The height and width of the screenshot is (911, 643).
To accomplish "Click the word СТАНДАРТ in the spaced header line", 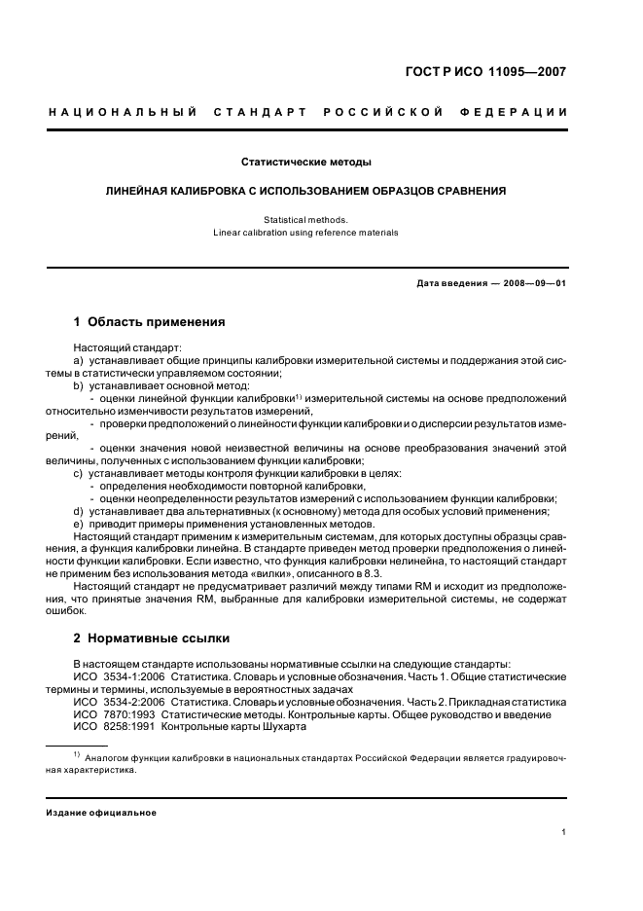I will (258, 112).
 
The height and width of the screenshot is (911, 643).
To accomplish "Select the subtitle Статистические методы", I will (305, 162).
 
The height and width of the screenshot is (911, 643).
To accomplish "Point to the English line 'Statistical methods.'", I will (305, 220).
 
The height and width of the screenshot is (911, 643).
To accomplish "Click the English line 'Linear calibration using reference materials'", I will (305, 233).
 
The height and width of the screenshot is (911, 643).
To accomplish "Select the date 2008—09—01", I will (531, 283).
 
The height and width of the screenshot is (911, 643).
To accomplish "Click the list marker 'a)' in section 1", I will (80, 360).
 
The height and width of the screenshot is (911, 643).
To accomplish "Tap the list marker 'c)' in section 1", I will (80, 473).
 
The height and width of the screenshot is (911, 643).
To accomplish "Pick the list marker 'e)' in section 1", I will (80, 524).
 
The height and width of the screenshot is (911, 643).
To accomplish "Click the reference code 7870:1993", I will (126, 714).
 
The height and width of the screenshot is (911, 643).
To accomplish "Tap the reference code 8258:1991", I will (126, 727).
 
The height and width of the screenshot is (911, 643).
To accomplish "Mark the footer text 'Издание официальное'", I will (102, 812).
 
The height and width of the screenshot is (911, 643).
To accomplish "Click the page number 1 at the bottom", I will (564, 832).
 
